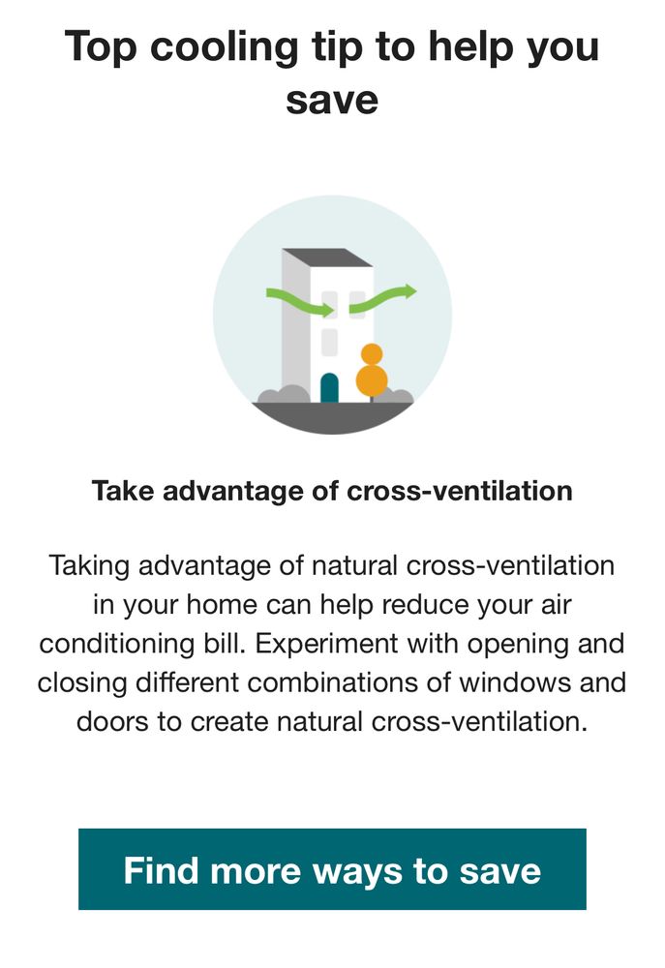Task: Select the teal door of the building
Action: pyautogui.click(x=329, y=388)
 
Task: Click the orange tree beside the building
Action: pyautogui.click(x=372, y=373)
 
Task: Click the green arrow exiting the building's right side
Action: pyautogui.click(x=384, y=297)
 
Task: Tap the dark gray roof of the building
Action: pyautogui.click(x=327, y=257)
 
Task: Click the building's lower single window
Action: pyautogui.click(x=329, y=342)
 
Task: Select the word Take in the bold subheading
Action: pyautogui.click(x=123, y=491)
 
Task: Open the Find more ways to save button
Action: pyautogui.click(x=332, y=869)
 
